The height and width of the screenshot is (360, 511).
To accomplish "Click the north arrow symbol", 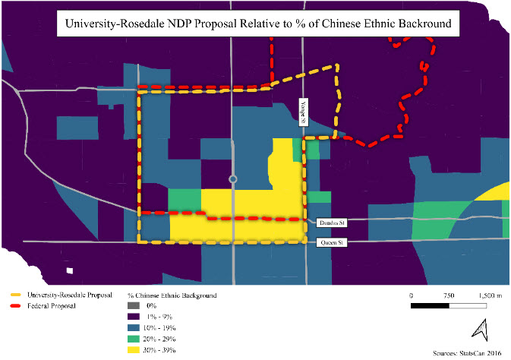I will coord(480,330).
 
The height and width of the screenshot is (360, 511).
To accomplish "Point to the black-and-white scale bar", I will coord(449,306).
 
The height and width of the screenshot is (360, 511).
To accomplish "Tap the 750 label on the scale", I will coord(449,295).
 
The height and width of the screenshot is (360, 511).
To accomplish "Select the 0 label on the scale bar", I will coord(411,295).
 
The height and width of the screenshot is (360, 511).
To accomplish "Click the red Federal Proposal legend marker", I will coord(14,305).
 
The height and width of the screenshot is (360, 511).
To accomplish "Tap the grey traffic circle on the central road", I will coord(233,179).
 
